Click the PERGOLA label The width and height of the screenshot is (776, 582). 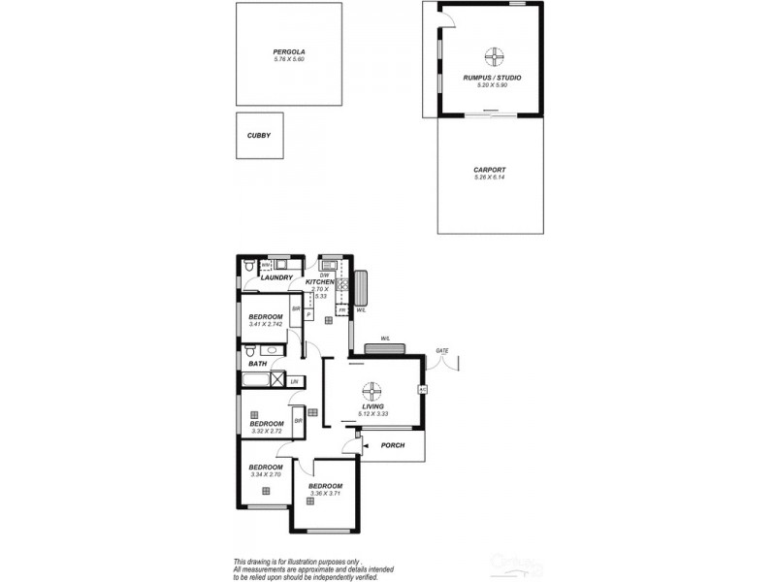point(289,51)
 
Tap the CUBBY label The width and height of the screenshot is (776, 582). point(258,136)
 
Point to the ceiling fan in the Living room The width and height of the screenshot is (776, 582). point(372,392)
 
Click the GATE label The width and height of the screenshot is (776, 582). point(442,350)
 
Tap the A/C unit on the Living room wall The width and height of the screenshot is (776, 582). point(423,389)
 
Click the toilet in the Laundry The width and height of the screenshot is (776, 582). point(249,265)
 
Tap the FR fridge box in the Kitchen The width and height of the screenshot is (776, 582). point(341,310)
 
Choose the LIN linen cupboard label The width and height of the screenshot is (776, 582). point(295,381)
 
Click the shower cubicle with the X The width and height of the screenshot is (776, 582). point(277,379)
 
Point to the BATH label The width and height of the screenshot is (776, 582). point(257,364)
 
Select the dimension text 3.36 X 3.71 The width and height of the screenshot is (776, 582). point(325,494)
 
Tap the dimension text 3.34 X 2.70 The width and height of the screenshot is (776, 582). point(266,474)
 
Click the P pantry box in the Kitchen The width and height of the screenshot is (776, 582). point(308,314)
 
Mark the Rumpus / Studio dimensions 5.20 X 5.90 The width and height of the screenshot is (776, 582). point(493,85)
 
